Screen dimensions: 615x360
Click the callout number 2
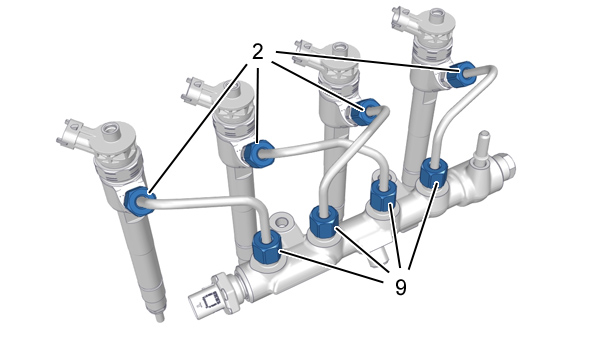tap(257, 52)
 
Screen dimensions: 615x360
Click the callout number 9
tap(400, 287)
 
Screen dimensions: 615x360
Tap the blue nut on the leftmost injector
tap(139, 201)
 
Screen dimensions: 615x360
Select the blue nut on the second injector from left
tap(258, 153)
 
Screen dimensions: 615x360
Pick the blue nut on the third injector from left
tap(365, 111)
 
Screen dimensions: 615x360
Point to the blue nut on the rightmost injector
tap(461, 74)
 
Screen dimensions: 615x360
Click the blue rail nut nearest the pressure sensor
tap(266, 247)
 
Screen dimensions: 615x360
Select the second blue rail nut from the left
tap(324, 222)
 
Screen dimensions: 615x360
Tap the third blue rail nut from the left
tap(384, 196)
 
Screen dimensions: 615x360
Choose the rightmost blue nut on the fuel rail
tap(434, 173)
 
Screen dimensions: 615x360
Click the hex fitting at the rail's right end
tap(505, 168)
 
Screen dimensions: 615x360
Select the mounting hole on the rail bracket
tap(281, 223)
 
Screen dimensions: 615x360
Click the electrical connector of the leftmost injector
tap(73, 134)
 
